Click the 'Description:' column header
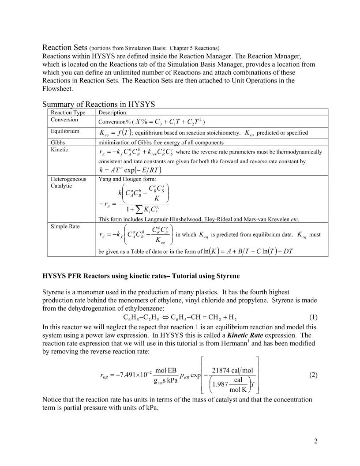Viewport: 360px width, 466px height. [x=112, y=113]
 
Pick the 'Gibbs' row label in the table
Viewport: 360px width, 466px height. [x=58, y=142]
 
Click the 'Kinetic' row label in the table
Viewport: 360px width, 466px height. [x=60, y=150]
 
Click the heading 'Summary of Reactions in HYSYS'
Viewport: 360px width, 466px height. [x=99, y=104]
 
